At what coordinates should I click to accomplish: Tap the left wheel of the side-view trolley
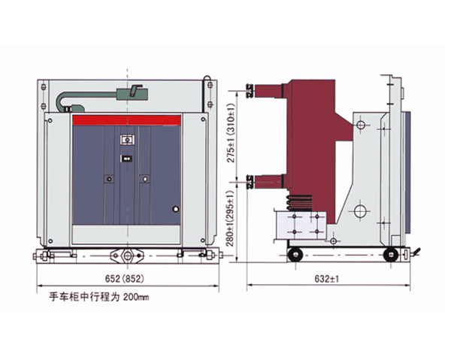(x=296, y=256)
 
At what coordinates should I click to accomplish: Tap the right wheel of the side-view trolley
(x=389, y=255)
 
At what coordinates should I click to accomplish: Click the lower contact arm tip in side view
(x=250, y=180)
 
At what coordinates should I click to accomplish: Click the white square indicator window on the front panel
(x=126, y=140)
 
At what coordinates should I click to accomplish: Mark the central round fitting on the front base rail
(x=126, y=255)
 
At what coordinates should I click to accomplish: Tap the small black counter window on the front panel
(x=126, y=159)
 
